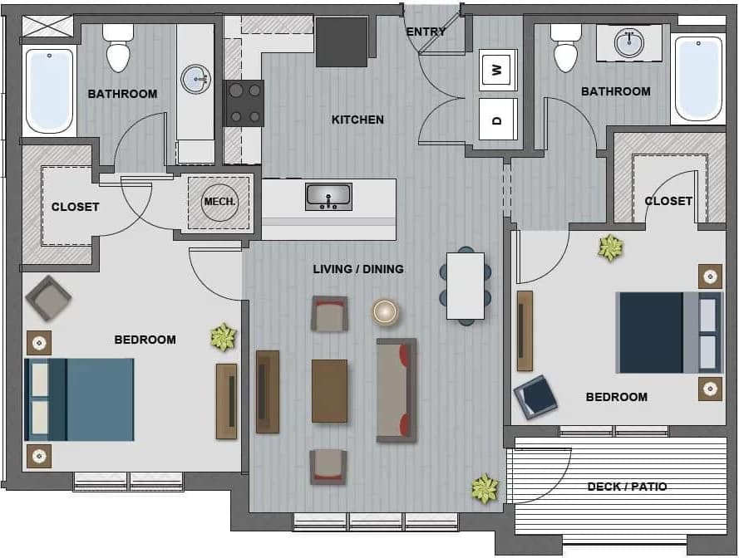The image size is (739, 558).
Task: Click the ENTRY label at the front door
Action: tap(426, 32)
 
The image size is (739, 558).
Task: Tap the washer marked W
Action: tap(498, 70)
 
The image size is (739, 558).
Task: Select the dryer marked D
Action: tap(498, 120)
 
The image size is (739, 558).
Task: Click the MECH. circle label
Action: tap(220, 202)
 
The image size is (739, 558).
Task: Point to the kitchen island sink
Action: tap(328, 197)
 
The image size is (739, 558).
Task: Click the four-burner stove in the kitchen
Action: tap(244, 103)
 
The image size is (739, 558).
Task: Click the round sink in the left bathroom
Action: tap(196, 80)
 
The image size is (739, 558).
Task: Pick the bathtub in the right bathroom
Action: tap(698, 78)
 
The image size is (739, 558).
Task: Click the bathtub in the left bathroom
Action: tap(50, 91)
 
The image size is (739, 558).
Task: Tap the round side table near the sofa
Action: tap(385, 311)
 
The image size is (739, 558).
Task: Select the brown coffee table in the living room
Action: tap(329, 391)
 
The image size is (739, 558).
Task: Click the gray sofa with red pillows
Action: tap(397, 389)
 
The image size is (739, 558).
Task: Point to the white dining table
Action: tap(466, 286)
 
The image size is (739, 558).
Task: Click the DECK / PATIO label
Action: tap(627, 487)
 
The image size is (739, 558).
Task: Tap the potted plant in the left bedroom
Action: tap(223, 336)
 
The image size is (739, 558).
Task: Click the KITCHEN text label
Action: tap(357, 120)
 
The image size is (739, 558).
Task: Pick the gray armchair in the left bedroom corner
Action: tap(48, 298)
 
